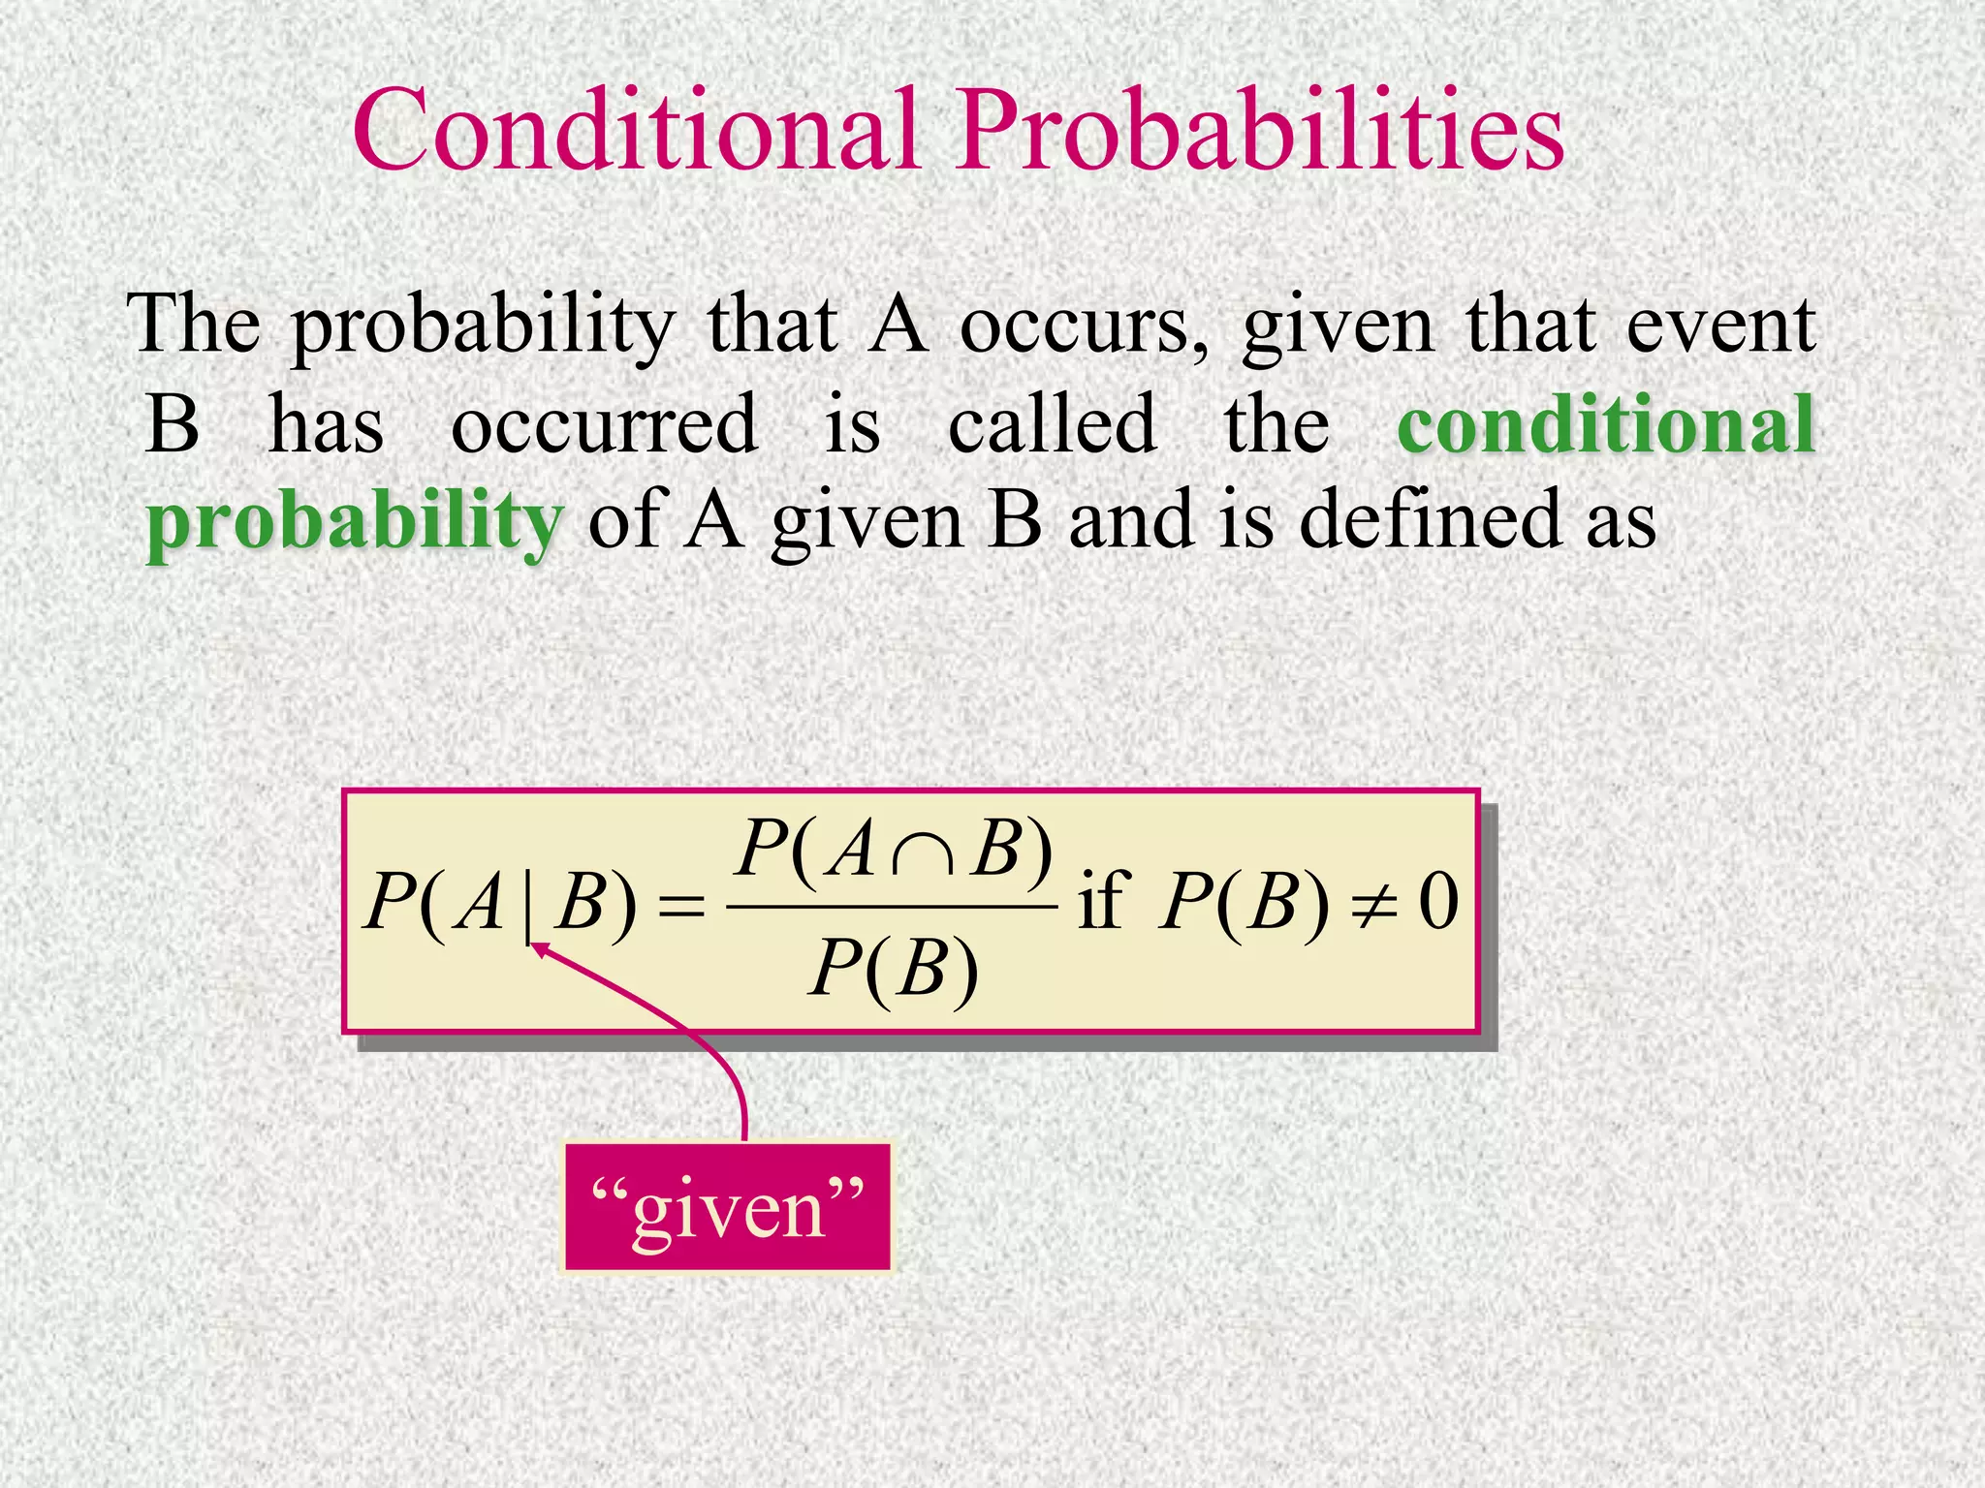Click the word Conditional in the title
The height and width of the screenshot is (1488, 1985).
(x=635, y=131)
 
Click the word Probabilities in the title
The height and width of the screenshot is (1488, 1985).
(x=1260, y=131)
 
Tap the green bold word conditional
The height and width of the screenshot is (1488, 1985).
(x=1605, y=424)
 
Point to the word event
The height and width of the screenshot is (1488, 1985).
(x=1720, y=325)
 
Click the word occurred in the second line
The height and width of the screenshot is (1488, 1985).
(x=604, y=424)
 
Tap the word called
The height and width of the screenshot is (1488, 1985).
(x=1052, y=424)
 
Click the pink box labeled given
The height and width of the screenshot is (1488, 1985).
(x=727, y=1207)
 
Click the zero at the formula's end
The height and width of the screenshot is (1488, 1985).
(x=1438, y=903)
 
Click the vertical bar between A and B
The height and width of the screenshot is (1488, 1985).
(x=527, y=906)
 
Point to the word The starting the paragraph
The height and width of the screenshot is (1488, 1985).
(x=194, y=325)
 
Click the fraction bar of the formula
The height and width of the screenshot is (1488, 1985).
(x=892, y=908)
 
